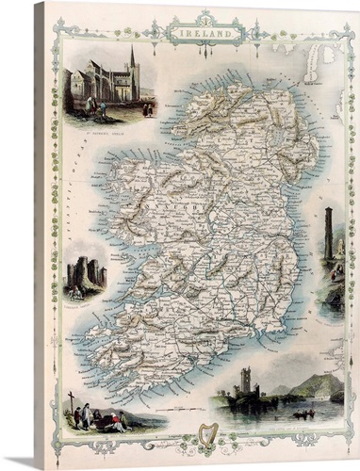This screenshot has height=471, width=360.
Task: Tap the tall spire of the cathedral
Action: pyautogui.click(x=133, y=64)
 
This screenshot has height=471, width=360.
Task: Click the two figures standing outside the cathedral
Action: pyautogui.click(x=100, y=106)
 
